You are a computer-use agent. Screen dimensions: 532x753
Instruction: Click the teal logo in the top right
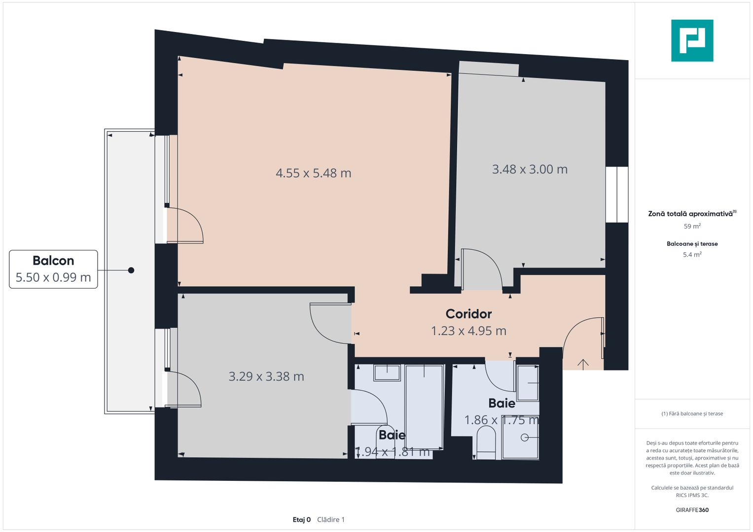tap(692, 40)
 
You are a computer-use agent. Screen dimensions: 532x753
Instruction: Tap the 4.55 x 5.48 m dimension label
tap(313, 173)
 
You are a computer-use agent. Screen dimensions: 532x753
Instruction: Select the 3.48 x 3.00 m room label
tap(530, 169)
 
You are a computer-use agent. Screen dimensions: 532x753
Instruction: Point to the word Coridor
tap(468, 314)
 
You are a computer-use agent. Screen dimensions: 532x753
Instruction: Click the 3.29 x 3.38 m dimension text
tap(266, 376)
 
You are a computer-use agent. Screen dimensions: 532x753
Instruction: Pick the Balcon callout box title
tap(53, 261)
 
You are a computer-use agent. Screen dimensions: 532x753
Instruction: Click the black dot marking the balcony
tap(131, 270)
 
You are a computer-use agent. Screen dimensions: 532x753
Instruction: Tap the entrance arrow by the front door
tap(583, 364)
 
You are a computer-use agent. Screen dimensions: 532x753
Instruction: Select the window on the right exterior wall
tap(616, 195)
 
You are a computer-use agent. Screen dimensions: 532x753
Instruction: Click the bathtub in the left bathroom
tap(424, 406)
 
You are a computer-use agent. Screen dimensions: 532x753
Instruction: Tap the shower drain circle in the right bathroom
tap(525, 437)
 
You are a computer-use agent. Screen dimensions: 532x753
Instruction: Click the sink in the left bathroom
tap(387, 373)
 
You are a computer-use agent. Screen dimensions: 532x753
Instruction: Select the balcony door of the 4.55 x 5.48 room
tap(185, 226)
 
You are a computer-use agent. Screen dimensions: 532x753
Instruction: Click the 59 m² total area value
tap(692, 226)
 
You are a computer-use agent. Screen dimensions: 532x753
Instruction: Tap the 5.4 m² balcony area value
tap(692, 255)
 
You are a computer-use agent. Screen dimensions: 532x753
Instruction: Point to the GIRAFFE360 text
tap(692, 510)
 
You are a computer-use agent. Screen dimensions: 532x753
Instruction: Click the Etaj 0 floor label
tap(301, 520)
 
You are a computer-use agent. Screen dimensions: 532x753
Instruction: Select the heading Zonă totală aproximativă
tap(690, 214)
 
